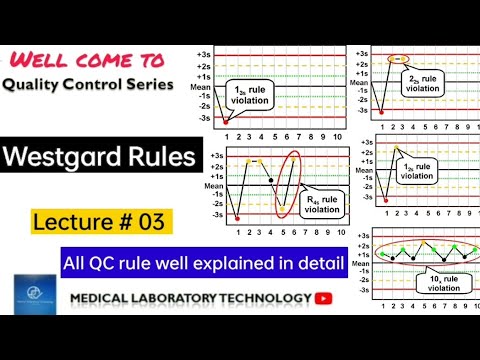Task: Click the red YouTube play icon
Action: (324, 297)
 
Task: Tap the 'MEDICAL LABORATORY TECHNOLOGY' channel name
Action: (190, 298)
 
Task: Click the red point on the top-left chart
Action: (226, 121)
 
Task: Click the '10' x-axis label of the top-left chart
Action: (338, 134)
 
